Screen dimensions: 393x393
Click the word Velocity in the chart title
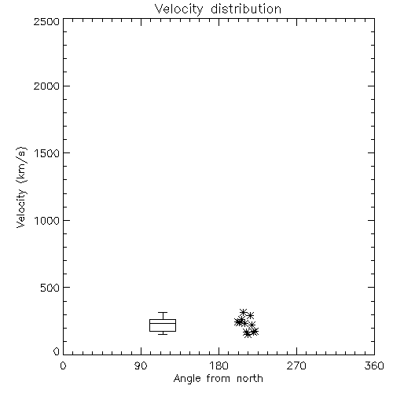coord(179,9)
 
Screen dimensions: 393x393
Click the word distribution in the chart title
coord(246,9)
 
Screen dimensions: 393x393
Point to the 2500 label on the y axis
coord(46,21)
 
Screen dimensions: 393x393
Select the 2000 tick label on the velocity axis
coord(46,86)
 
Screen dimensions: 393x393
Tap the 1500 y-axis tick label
coord(47,153)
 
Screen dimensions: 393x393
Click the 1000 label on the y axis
coord(47,220)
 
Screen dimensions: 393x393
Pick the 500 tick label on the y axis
coord(50,288)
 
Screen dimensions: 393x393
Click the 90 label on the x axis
coord(141,365)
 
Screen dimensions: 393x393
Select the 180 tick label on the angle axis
coord(219,365)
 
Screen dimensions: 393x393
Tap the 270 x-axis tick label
coord(296,365)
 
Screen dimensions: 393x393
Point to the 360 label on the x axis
coord(374,365)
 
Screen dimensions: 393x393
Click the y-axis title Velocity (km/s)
coord(21,187)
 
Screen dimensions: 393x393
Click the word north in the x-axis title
coord(250,379)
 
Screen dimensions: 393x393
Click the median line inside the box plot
coord(163,323)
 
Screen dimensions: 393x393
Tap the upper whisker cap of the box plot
coord(163,312)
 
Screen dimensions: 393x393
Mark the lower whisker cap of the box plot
coord(163,334)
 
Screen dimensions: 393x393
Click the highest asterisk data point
coord(243,312)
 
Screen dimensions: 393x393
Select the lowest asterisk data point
coord(248,334)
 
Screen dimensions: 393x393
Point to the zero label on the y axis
coord(57,351)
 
